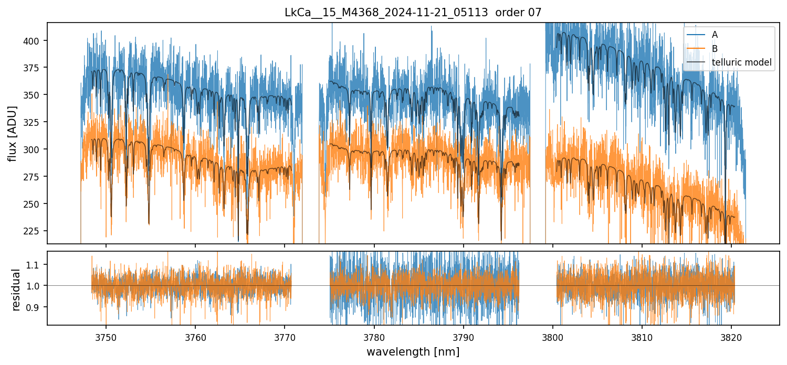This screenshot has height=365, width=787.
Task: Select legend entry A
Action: tap(715, 35)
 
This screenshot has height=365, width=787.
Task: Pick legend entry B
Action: tap(715, 49)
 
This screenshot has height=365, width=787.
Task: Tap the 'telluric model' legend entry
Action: tap(741, 63)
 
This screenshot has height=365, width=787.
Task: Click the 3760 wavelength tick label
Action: tap(195, 338)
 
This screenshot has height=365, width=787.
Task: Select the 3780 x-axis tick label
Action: tap(374, 338)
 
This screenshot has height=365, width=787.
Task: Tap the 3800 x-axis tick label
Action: tap(553, 338)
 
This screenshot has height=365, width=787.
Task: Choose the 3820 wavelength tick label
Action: tap(731, 338)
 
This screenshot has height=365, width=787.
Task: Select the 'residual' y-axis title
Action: tap(16, 289)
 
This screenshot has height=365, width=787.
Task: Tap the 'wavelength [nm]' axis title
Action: tap(413, 352)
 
